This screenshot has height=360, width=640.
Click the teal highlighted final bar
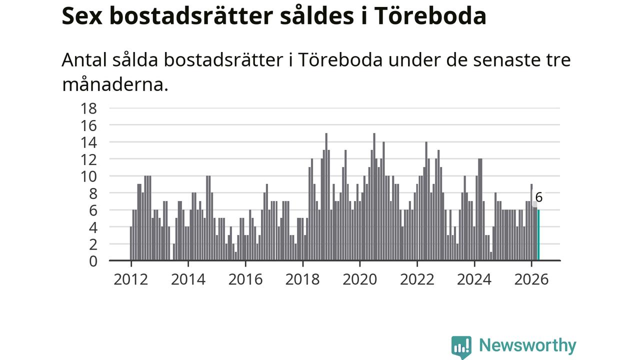coord(538,235)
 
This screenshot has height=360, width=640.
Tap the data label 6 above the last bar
coord(539,197)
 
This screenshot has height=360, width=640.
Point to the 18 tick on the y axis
coord(89,108)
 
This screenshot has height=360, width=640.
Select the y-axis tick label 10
coord(89,176)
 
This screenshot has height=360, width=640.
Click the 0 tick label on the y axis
coord(93,261)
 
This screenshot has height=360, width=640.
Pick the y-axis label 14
coord(89,142)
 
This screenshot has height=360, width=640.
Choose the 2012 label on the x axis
coord(131,279)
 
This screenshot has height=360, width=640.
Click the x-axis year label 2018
coord(302,279)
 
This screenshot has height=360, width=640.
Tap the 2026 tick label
coord(531,279)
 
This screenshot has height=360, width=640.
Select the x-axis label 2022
coord(417,279)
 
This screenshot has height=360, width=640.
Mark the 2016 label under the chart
coord(245,279)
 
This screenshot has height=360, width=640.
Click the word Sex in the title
coord(82,16)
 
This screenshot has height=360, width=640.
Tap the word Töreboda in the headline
coord(430,15)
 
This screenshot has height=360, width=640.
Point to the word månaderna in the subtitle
coord(115,84)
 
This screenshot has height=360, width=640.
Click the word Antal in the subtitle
coord(85,59)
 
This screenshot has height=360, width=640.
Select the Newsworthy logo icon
coord(461,347)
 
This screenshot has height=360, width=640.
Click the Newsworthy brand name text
coord(527,345)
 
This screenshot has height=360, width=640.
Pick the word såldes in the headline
coord(317,15)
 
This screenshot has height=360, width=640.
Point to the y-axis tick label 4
coord(93,227)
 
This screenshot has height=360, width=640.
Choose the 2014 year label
coord(188,279)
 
